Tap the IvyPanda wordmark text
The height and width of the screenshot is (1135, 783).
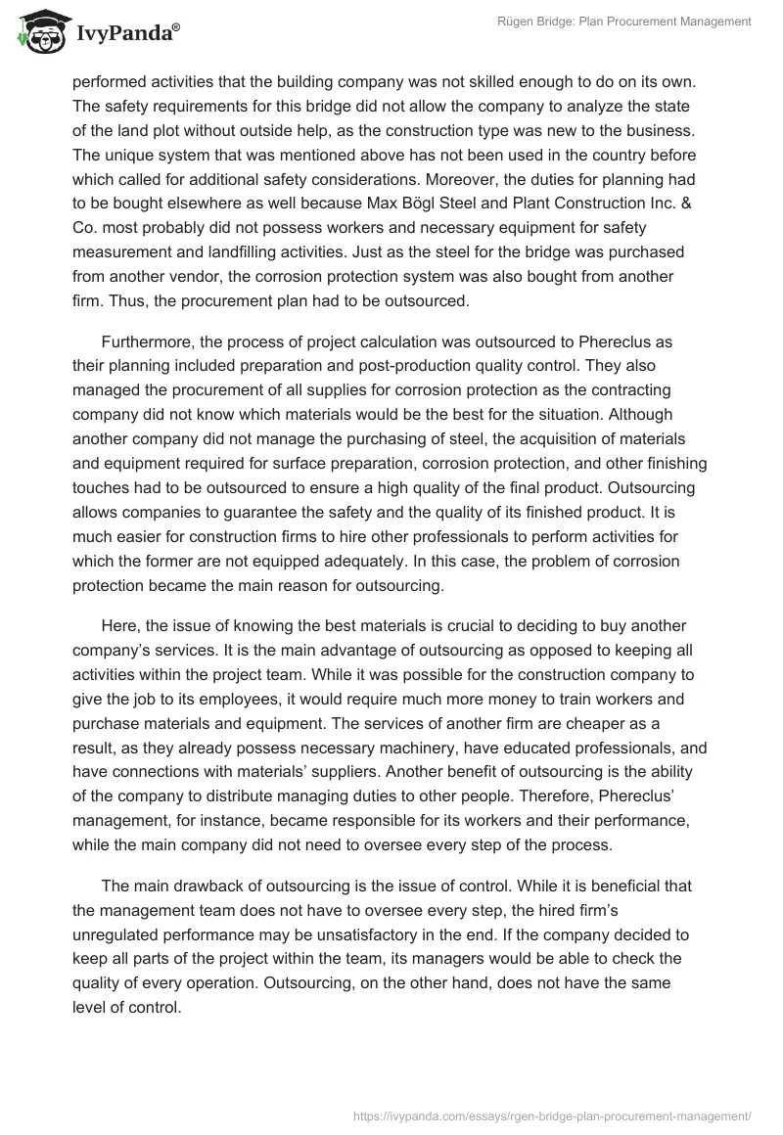(125, 33)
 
